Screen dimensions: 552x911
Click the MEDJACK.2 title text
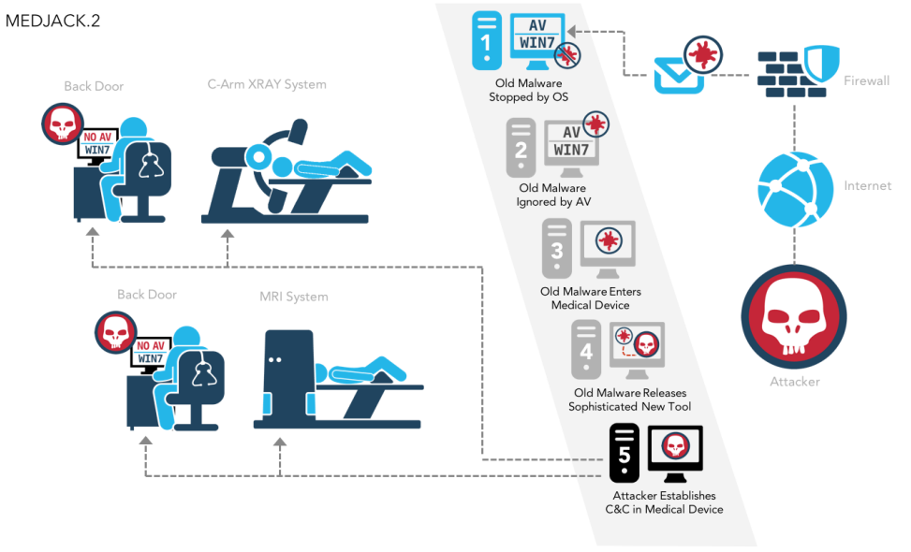click(x=52, y=21)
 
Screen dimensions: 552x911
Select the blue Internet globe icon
click(x=794, y=186)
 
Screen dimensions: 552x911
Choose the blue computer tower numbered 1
click(x=487, y=41)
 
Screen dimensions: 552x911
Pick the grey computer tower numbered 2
click(x=522, y=147)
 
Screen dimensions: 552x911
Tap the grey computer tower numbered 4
click(x=587, y=350)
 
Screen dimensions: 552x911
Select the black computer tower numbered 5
click(x=624, y=453)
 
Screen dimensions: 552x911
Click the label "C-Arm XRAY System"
click(x=267, y=84)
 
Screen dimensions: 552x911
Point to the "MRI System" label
click(x=294, y=297)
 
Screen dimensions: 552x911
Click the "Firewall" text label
click(x=866, y=80)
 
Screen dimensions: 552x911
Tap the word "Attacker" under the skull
click(x=794, y=382)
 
